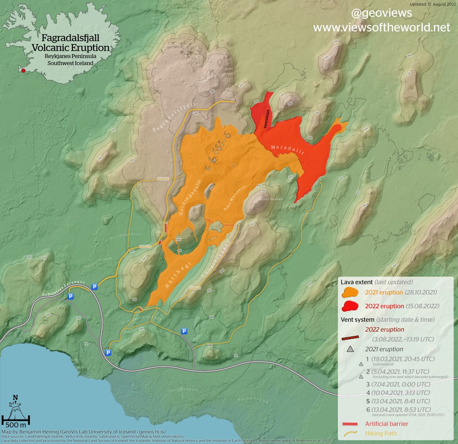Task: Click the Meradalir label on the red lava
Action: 287,149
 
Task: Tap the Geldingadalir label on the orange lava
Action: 190,197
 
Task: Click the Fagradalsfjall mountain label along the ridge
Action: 174,117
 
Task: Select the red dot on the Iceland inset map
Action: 23,70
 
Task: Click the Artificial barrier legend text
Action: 386,424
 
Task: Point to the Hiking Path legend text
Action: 381,433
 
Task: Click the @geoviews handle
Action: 381,13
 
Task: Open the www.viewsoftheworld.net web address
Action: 382,28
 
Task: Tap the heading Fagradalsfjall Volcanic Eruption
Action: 71,43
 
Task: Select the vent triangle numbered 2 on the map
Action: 228,134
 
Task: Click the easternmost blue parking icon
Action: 184,331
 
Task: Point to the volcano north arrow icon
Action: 16,408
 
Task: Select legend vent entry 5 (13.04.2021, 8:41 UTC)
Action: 398,401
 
